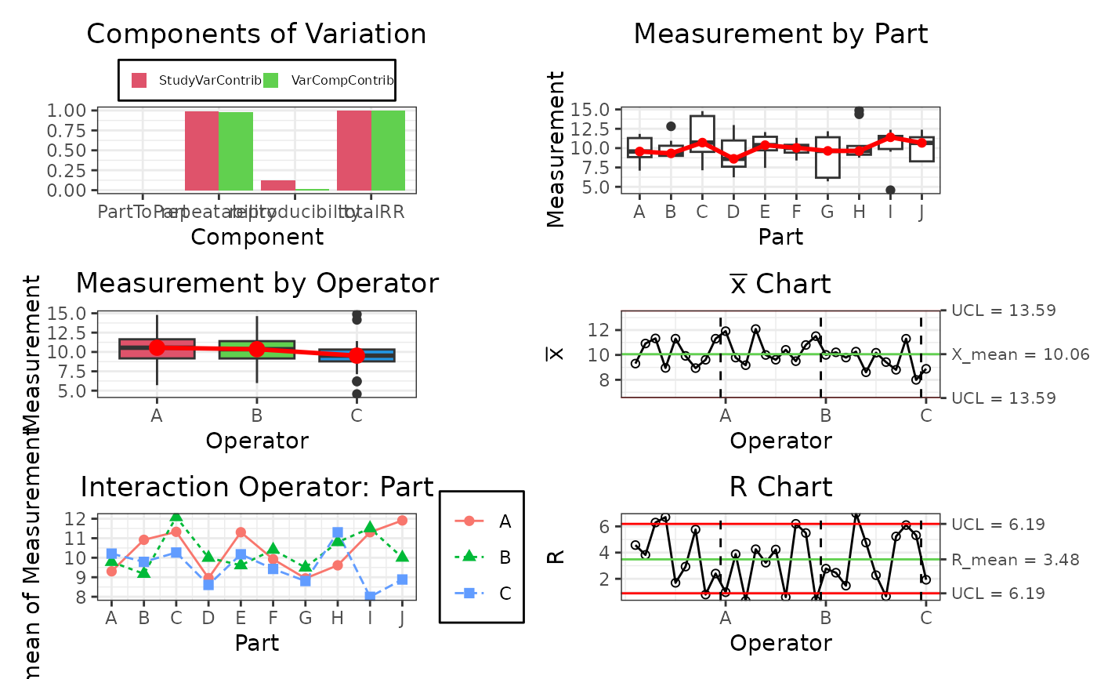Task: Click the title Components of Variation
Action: tap(256, 34)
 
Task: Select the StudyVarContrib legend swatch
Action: tap(139, 80)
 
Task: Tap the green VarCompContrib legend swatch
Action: tap(271, 80)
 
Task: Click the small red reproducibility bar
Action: tap(277, 185)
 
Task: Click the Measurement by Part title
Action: tap(780, 34)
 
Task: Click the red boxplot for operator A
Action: tap(157, 349)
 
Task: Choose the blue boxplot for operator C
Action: tap(357, 355)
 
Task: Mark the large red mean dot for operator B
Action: tap(256, 349)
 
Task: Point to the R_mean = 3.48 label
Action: tap(1015, 560)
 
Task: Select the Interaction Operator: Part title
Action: tap(256, 487)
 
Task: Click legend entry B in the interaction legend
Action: tap(504, 557)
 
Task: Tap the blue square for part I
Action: tap(370, 597)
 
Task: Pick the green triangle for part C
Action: tap(176, 517)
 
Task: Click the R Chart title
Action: tap(780, 487)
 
